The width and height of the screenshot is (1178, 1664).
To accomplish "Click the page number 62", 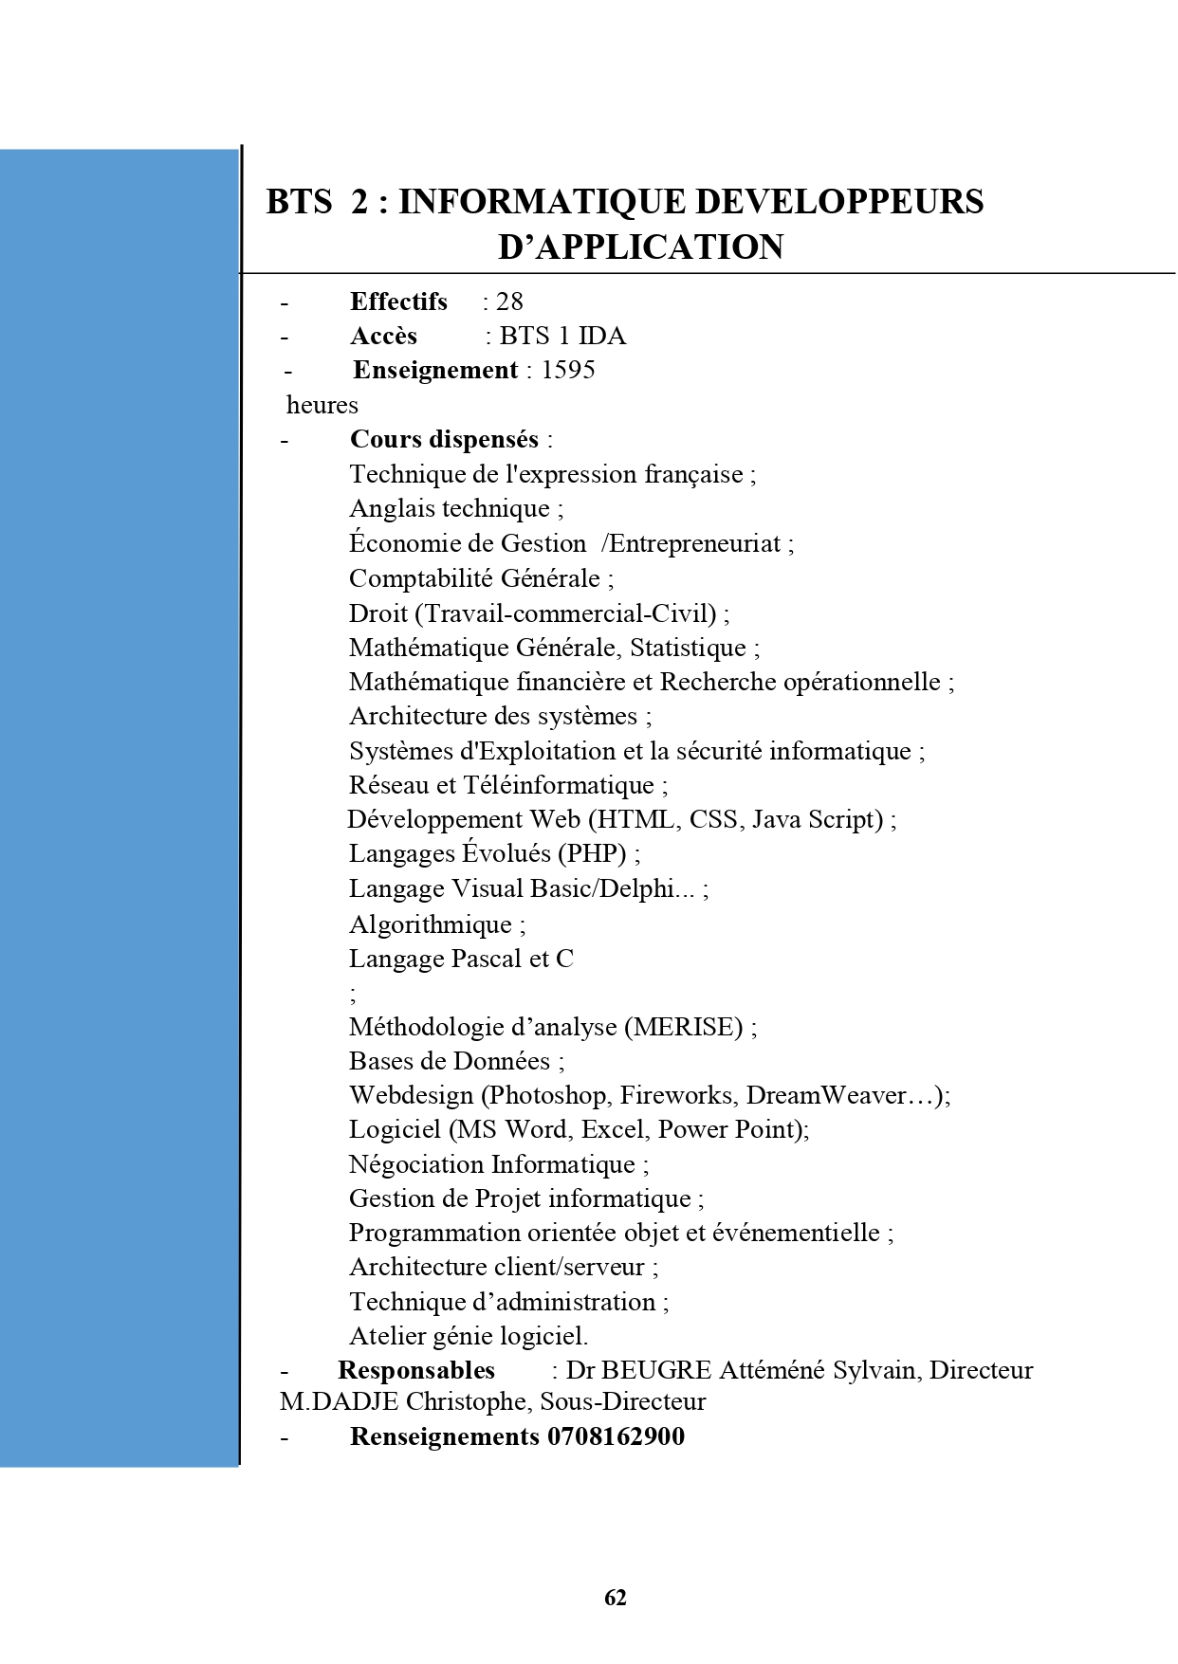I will click(616, 1598).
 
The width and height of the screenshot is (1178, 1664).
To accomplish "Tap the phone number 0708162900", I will click(616, 1436).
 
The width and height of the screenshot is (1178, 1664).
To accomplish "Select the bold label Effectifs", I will click(398, 302).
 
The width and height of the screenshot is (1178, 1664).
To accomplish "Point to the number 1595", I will click(568, 370).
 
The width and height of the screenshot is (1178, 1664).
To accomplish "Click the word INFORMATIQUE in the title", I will click(541, 202).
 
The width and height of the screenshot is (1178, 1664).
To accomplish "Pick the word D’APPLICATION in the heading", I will click(641, 247).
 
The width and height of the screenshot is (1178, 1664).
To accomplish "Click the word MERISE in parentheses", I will click(683, 1027).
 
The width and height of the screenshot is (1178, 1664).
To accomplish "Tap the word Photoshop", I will click(549, 1095).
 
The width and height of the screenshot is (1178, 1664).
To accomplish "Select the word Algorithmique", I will click(431, 924).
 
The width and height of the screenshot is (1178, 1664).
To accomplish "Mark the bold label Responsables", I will click(416, 1370).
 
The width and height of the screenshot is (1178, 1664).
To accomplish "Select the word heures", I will click(322, 405).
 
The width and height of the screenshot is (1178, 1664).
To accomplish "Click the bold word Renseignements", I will click(444, 1436).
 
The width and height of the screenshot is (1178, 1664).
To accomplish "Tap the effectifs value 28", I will click(509, 302).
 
